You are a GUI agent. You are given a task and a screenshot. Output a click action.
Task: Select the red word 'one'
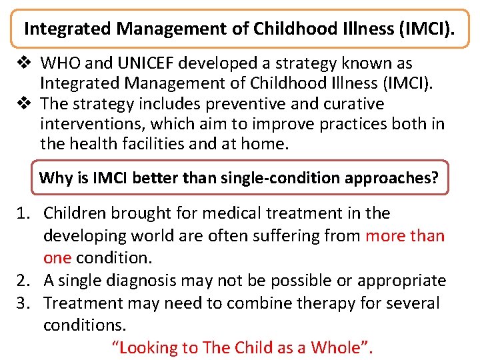(x=57, y=258)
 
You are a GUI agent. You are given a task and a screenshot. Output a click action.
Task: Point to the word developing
(x=85, y=236)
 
